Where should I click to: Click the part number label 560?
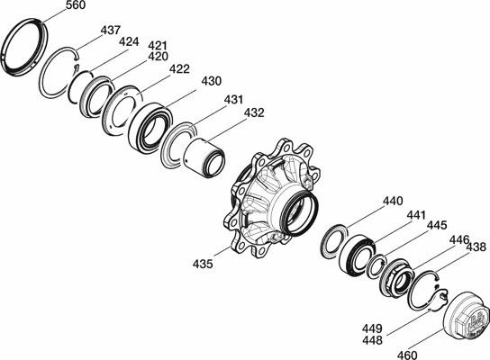[x=76, y=4]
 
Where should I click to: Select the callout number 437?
[x=110, y=31]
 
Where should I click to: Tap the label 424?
[x=129, y=41]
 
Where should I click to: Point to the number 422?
[x=179, y=69]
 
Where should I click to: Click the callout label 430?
[x=212, y=81]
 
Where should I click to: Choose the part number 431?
[x=233, y=100]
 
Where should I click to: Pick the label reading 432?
[x=254, y=112]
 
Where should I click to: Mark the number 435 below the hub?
[x=203, y=264]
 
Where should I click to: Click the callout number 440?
[x=393, y=201]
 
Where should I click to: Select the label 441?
[x=416, y=215]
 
